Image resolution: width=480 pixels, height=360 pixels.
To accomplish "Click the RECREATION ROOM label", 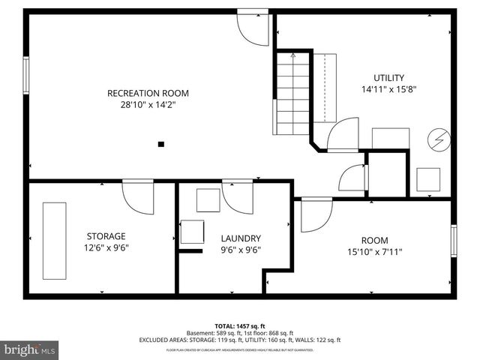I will click(148, 94).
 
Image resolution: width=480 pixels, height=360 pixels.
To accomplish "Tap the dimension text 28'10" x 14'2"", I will click(148, 106).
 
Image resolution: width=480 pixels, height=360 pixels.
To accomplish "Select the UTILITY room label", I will click(388, 77).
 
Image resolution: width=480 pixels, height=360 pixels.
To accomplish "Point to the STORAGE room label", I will click(106, 236).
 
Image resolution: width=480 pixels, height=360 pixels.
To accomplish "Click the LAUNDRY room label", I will click(240, 238).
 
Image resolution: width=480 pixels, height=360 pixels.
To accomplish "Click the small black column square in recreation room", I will click(160, 143).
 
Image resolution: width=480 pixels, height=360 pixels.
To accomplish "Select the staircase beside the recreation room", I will click(292, 90).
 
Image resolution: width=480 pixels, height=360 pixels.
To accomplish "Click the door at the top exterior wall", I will click(251, 26).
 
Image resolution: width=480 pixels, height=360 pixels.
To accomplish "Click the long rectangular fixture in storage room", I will click(54, 237).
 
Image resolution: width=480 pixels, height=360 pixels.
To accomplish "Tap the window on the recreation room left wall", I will click(26, 75).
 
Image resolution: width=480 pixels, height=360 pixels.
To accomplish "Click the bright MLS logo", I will click(30, 349).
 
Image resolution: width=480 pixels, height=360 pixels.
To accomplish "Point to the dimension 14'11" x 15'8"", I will click(388, 89).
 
